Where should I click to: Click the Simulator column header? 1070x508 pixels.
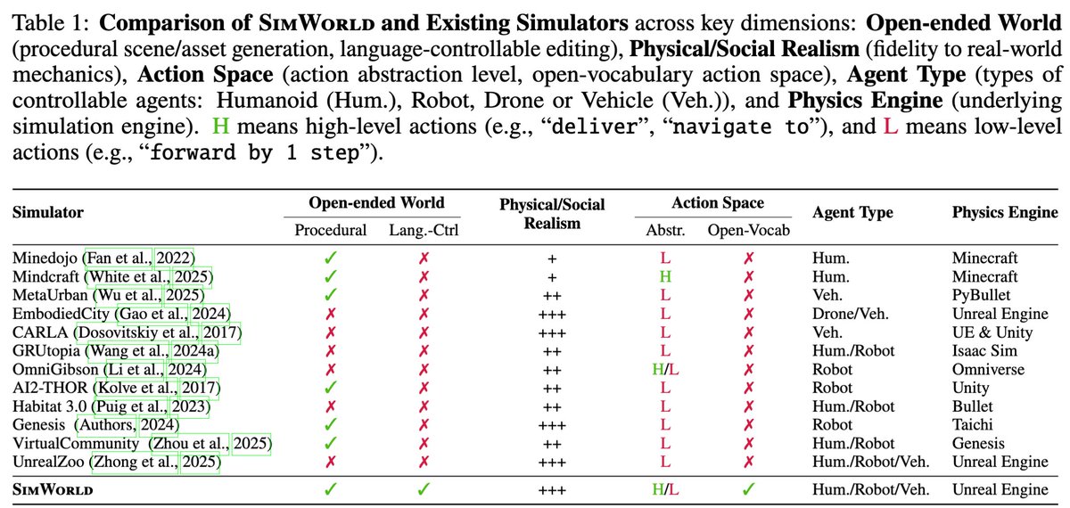[x=47, y=213]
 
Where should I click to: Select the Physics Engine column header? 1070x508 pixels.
[x=1004, y=213]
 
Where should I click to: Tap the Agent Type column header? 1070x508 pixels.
[x=852, y=213]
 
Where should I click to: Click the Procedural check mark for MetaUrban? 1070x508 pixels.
[x=331, y=295]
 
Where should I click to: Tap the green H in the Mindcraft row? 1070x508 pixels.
[x=664, y=277]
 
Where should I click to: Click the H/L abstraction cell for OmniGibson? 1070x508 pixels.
[x=664, y=369]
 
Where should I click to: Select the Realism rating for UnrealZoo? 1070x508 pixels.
[x=552, y=462]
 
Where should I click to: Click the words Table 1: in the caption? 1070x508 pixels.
[x=48, y=19]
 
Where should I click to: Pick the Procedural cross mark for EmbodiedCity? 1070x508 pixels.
[x=331, y=314]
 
